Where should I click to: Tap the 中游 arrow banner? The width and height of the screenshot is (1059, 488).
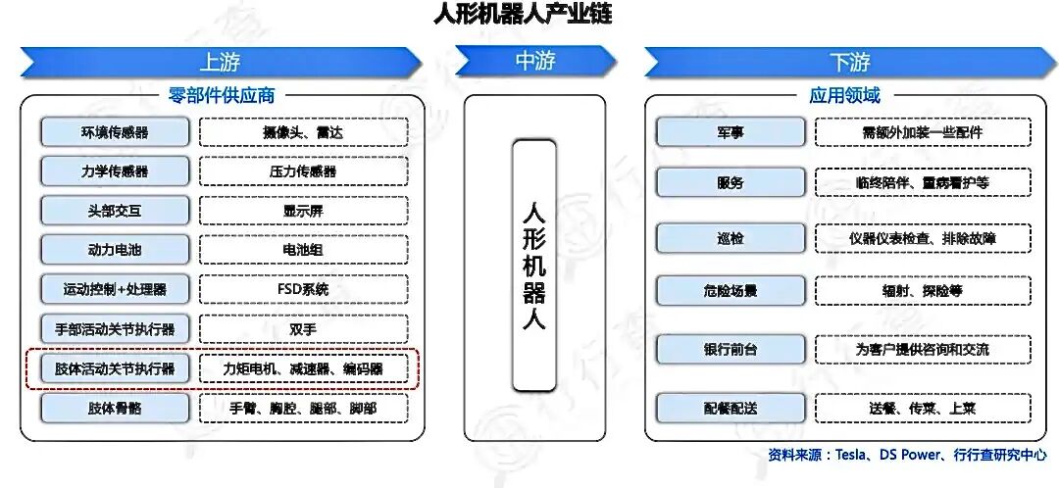[534, 61]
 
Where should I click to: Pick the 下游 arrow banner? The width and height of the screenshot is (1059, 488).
[849, 62]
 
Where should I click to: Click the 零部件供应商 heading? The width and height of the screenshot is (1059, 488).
[222, 95]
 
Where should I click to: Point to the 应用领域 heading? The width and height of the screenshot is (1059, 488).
[844, 95]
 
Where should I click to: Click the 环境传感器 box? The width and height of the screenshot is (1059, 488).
[115, 132]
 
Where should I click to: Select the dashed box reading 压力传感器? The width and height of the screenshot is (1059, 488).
[303, 171]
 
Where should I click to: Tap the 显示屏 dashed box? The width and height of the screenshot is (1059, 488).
[303, 211]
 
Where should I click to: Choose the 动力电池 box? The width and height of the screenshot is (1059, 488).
[115, 250]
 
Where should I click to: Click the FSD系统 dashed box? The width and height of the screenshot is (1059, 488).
[303, 289]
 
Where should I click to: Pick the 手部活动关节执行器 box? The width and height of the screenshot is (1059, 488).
[115, 329]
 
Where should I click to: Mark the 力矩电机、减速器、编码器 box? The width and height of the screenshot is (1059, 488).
[303, 368]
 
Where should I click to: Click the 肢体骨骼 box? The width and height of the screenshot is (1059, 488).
[115, 408]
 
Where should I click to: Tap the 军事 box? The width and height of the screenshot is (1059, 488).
[731, 132]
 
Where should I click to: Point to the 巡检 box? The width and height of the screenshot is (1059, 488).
[731, 238]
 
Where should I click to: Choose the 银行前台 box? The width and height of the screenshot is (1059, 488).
[731, 349]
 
